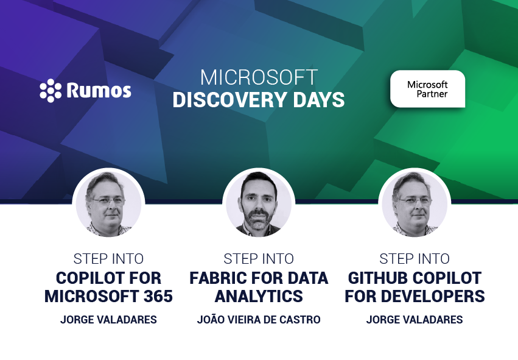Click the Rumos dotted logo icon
[51, 90]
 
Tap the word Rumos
[99, 90]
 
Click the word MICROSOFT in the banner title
[259, 77]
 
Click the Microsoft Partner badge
[427, 89]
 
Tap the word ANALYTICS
[259, 296]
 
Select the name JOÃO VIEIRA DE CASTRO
[259, 320]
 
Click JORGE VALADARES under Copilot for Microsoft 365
[108, 320]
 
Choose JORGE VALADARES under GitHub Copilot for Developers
[415, 320]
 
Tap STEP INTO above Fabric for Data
[259, 259]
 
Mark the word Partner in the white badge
[432, 94]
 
